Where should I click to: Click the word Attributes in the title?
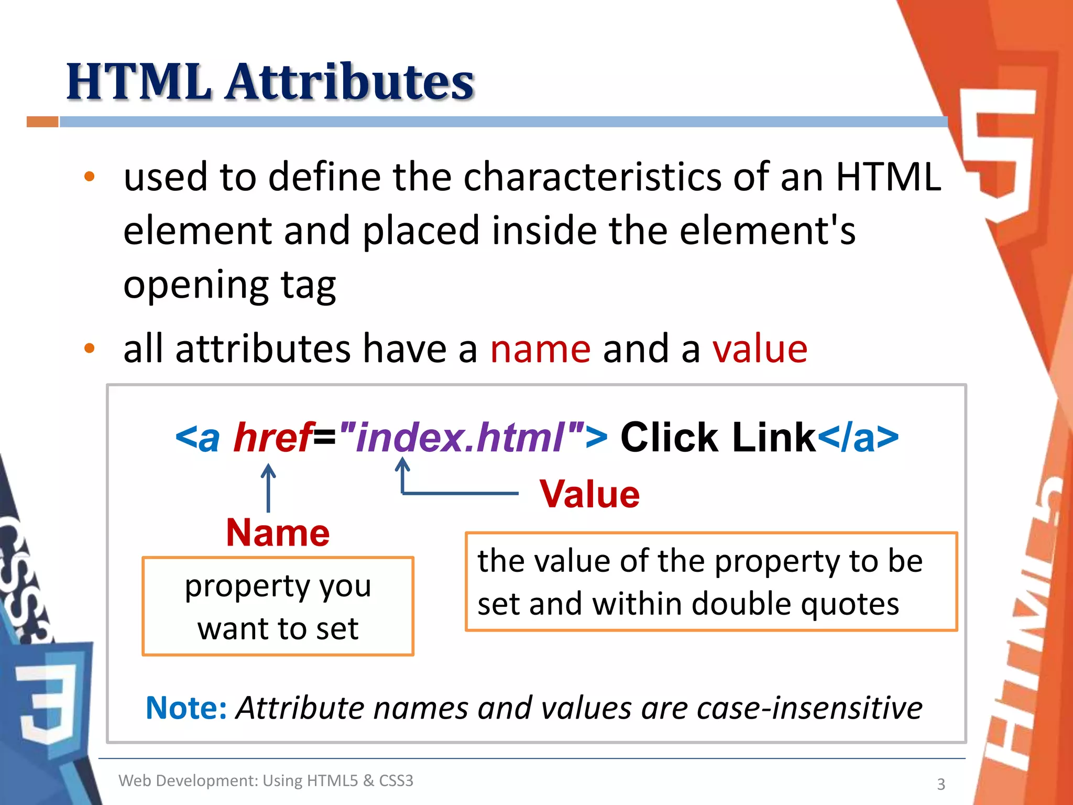350,82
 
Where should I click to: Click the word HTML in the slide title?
139,82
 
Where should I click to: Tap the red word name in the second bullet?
540,349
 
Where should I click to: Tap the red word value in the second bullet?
760,349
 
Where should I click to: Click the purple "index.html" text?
461,437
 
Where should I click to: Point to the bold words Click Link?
718,437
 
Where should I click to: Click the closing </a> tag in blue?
858,437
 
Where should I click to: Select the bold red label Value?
589,494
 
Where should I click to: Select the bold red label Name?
278,533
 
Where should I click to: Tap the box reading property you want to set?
278,606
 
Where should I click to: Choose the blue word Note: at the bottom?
186,708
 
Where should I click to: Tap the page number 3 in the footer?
941,784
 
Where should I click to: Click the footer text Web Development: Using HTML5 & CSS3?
266,780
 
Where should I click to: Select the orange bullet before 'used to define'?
90,177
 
